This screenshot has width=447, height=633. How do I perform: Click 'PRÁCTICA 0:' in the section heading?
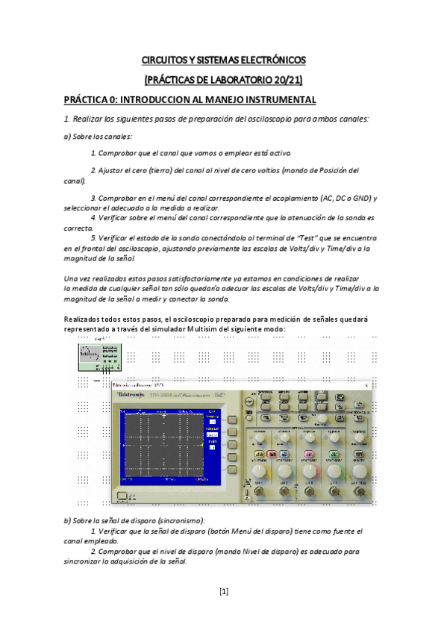[x=90, y=99]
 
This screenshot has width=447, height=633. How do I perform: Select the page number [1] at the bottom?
[x=223, y=592]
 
